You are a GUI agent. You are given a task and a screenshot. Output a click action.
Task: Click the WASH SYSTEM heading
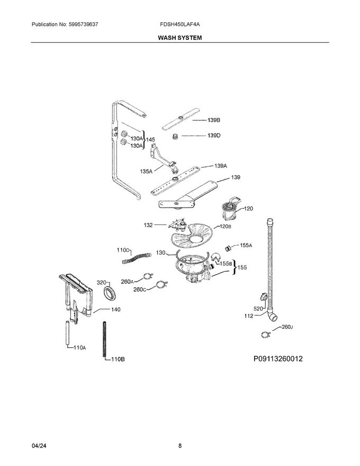(x=180, y=38)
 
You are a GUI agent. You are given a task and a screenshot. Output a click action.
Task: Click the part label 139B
(x=213, y=120)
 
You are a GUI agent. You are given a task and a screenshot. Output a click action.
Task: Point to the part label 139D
(x=213, y=136)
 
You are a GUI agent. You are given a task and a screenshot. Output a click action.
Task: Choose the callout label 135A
(x=146, y=171)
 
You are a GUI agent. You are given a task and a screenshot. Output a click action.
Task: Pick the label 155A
(x=246, y=245)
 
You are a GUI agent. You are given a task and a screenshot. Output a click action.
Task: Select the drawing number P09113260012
(x=278, y=359)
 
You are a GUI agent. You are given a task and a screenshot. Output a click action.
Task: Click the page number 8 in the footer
(x=180, y=446)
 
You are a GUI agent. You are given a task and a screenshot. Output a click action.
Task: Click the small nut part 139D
(x=173, y=137)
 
